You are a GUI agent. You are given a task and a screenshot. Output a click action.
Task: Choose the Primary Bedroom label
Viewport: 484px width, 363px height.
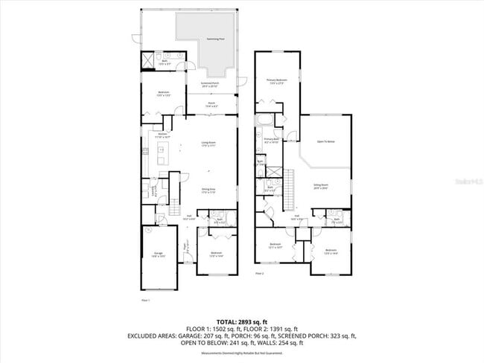276,80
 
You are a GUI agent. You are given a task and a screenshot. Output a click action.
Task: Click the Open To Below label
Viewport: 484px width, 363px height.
325,141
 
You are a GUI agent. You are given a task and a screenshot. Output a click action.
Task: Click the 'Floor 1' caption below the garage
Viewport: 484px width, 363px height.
146,300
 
